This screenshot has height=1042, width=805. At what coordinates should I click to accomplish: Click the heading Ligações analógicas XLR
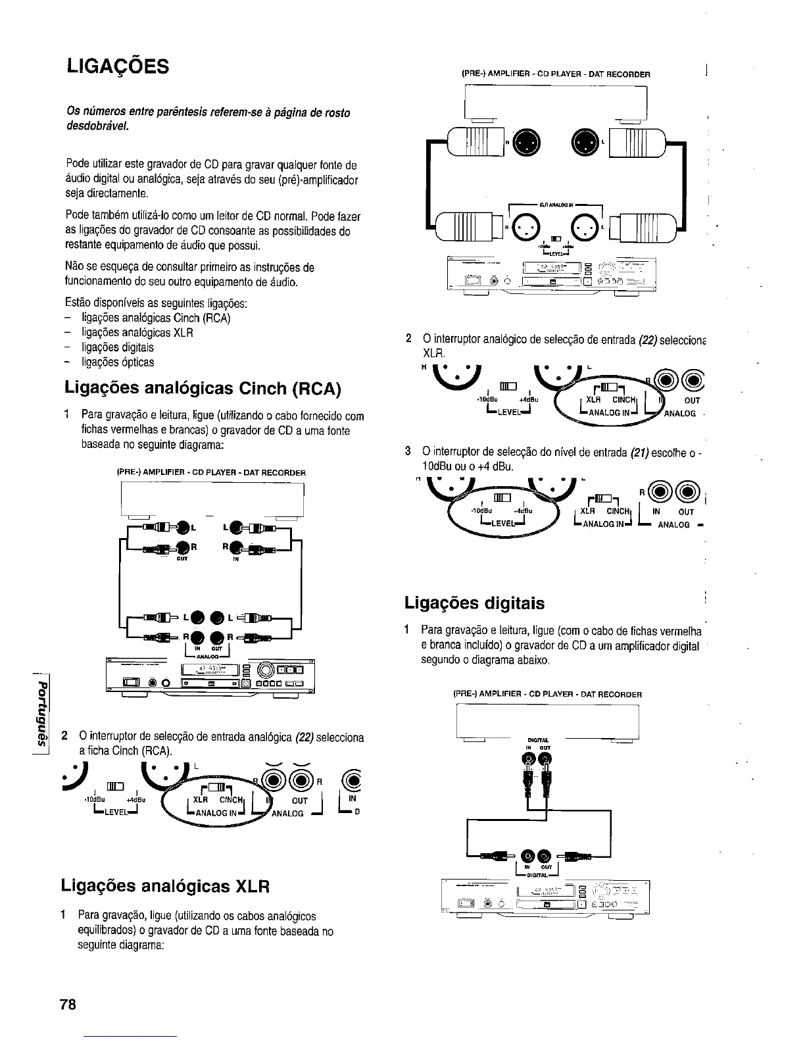point(165,885)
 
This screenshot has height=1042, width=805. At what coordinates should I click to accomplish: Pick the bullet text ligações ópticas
point(118,362)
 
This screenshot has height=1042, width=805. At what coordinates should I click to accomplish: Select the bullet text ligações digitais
point(118,347)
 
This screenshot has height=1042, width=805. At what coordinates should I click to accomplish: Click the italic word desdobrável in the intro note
point(97,126)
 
